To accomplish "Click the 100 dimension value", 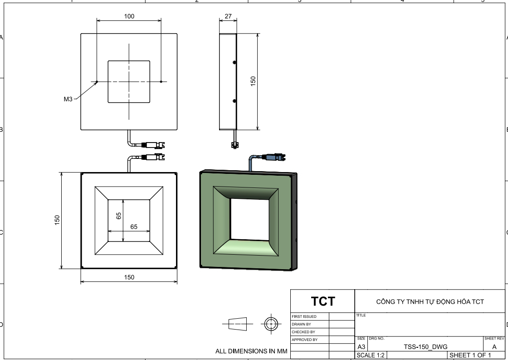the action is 129,16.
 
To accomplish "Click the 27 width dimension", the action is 228,16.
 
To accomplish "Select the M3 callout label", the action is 68,99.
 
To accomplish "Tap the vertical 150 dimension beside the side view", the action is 253,81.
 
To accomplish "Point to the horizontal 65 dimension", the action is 134,227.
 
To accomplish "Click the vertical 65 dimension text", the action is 118,216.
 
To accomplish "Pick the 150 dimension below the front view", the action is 129,277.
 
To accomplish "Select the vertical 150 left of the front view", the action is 57,220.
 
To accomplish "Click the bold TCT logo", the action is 323,301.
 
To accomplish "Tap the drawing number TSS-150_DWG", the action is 425,347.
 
